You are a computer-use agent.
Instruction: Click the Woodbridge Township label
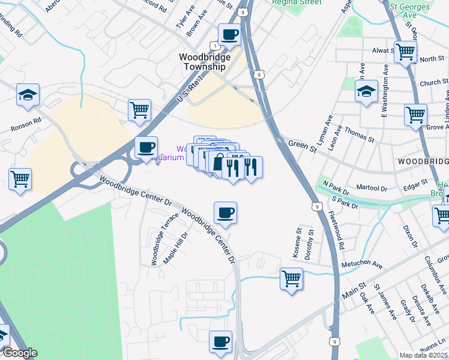(202, 62)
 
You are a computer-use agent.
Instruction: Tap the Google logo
(19, 353)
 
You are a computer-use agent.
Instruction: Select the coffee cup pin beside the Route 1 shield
(229, 35)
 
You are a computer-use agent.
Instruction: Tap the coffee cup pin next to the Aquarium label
(146, 148)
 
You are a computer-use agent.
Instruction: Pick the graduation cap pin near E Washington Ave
(366, 92)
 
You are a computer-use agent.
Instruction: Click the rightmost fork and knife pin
(252, 167)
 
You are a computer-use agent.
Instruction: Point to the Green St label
(299, 144)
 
